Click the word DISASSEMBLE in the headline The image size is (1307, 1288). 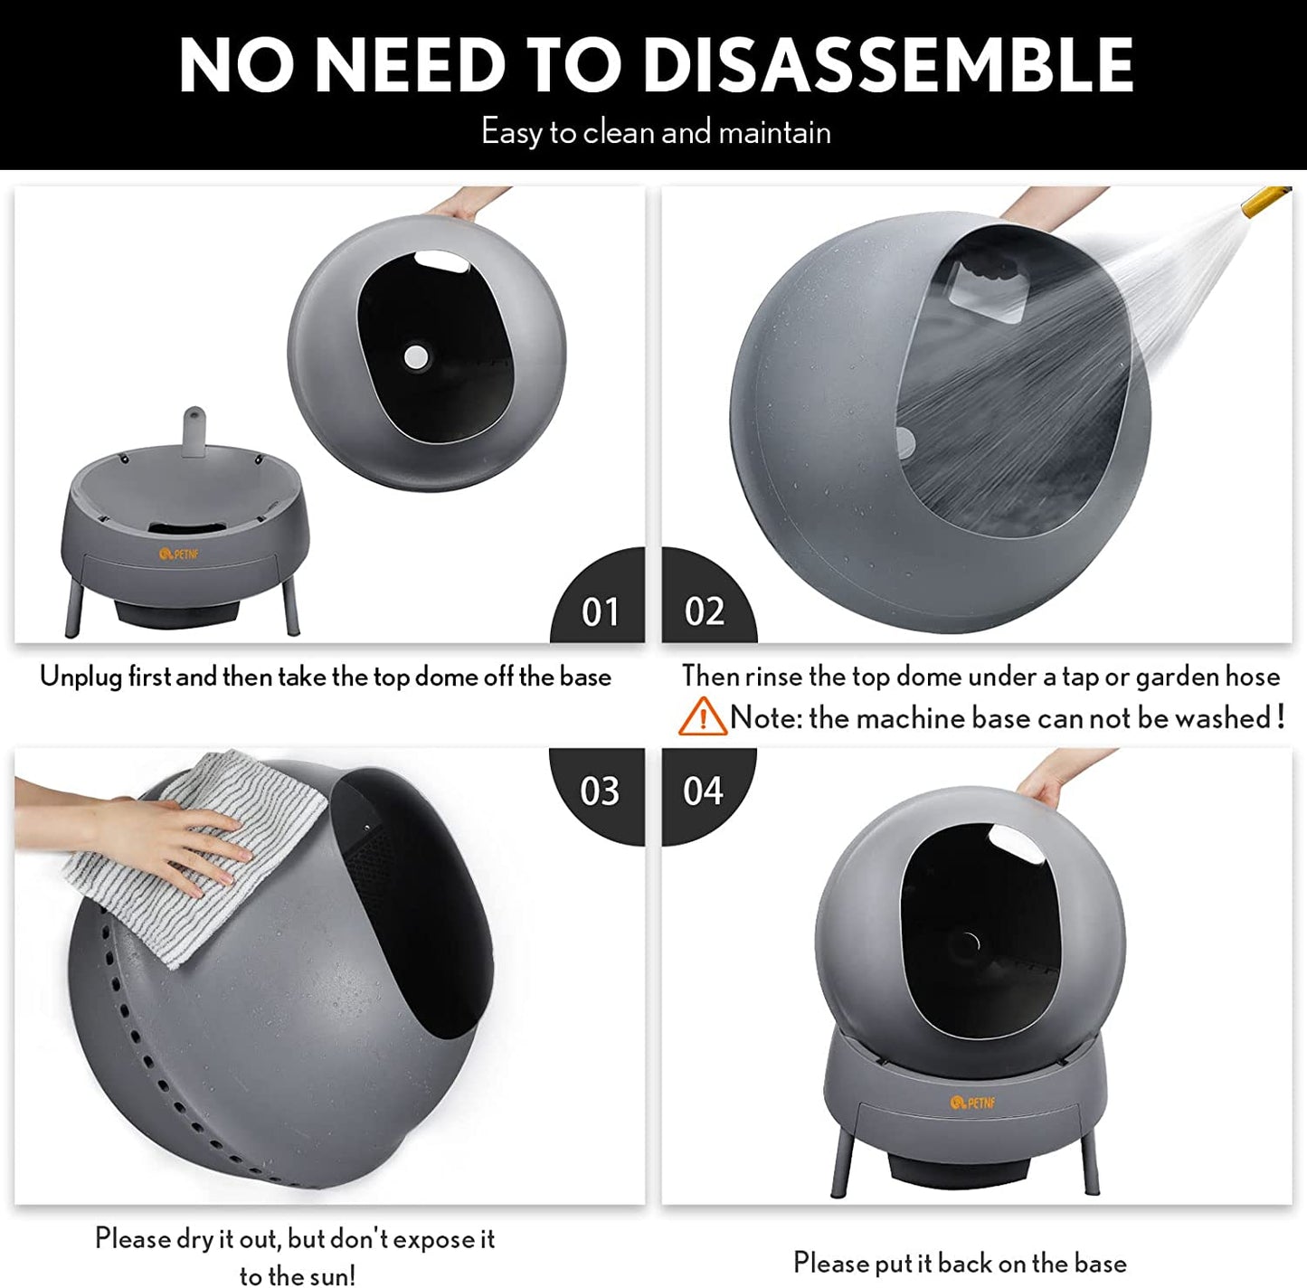click(x=888, y=65)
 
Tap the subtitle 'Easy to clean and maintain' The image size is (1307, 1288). click(x=656, y=131)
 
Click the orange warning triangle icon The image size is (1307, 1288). click(x=703, y=716)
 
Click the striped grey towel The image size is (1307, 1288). click(x=196, y=856)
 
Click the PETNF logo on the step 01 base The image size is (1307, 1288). click(x=180, y=554)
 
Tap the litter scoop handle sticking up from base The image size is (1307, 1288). click(x=194, y=427)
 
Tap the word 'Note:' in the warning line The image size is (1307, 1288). click(x=766, y=717)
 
